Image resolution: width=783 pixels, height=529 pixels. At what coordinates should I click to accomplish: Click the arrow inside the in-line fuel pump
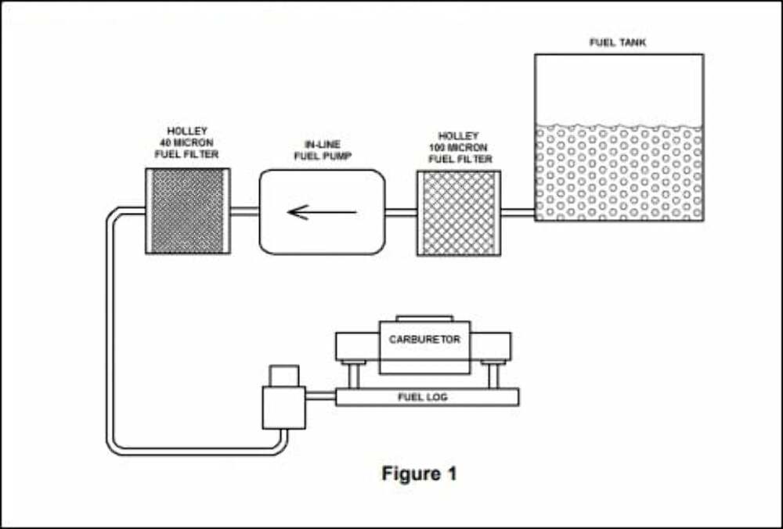(x=322, y=211)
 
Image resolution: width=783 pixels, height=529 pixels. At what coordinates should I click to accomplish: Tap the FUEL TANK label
(x=618, y=42)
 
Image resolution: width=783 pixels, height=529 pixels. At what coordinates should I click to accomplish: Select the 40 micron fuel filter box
(x=187, y=211)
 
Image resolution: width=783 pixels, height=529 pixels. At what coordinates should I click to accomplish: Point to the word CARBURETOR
(x=424, y=340)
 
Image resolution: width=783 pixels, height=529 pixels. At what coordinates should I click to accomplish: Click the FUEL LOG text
(x=423, y=398)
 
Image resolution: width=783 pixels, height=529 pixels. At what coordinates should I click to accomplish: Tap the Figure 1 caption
(x=419, y=473)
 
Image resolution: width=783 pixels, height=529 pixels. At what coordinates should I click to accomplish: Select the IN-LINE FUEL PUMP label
(x=322, y=150)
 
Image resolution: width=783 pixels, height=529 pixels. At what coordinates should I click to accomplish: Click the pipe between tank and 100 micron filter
(x=517, y=211)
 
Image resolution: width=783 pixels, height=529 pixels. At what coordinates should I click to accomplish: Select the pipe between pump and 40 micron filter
(x=244, y=211)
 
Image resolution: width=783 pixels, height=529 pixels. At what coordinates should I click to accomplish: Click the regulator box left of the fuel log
(x=283, y=407)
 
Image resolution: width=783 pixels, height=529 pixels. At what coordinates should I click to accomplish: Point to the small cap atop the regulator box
(x=283, y=376)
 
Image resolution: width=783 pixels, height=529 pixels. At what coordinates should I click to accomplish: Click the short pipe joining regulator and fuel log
(x=320, y=397)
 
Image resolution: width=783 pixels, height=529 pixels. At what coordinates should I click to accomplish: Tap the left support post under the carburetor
(x=353, y=374)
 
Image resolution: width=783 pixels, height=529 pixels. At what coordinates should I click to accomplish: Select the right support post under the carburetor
(x=493, y=374)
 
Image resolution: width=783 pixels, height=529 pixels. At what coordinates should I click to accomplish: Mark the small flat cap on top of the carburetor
(x=424, y=318)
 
